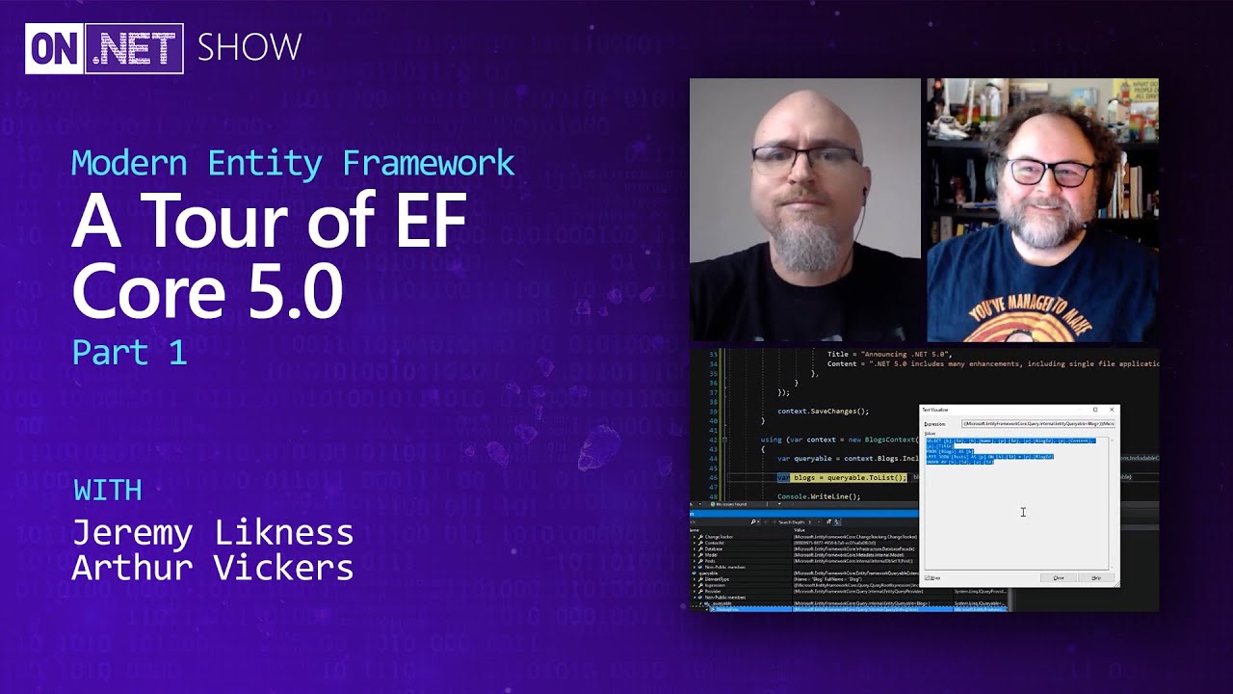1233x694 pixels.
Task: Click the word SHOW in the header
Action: (249, 47)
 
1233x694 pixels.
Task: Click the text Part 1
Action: (129, 352)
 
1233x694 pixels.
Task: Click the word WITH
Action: (108, 491)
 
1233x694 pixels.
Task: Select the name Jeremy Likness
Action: (213, 532)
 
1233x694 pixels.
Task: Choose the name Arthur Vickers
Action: (213, 568)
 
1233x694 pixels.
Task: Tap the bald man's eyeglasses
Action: (804, 160)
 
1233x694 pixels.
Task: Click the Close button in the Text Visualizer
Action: (1059, 577)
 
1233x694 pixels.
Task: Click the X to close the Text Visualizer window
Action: (1112, 410)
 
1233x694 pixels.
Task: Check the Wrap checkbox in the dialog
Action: (928, 577)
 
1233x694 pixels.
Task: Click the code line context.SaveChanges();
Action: (823, 412)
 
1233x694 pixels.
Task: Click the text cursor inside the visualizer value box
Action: (1023, 512)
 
